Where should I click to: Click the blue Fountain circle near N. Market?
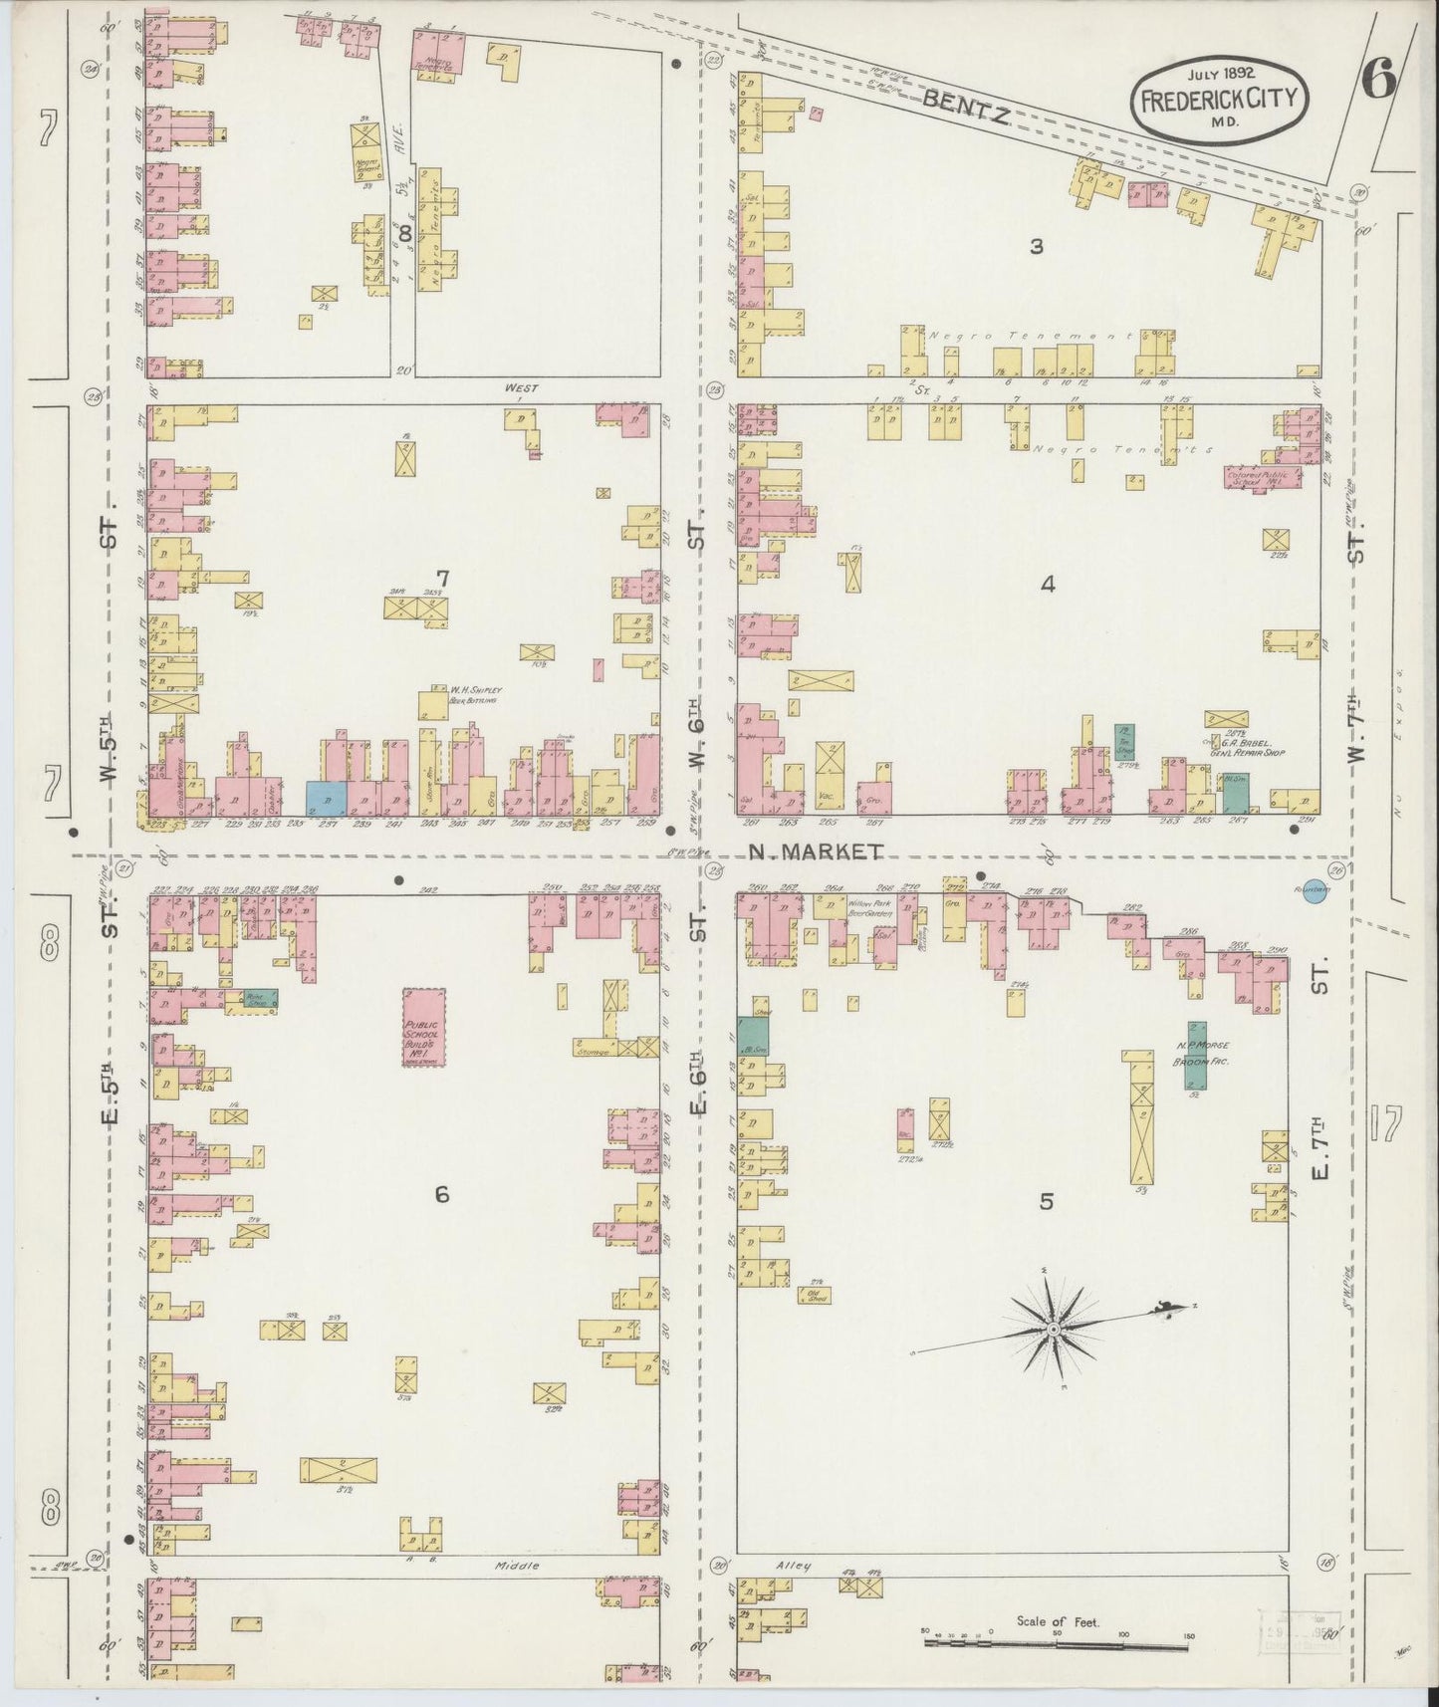pos(1313,895)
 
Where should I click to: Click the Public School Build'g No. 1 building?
pos(424,1030)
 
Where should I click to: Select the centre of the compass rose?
pos(1052,1330)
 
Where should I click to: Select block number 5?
pos(1046,1202)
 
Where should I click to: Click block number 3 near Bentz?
pos(1036,246)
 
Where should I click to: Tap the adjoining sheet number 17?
pos(1384,1122)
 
